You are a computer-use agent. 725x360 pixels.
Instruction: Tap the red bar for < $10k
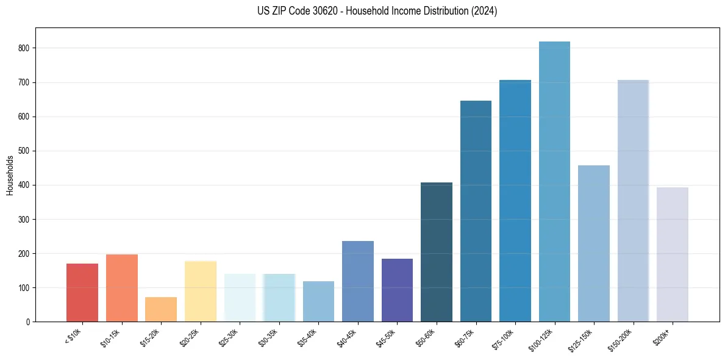(x=82, y=292)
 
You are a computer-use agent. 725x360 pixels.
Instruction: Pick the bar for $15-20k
(x=161, y=309)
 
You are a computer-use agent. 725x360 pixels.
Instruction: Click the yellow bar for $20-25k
(x=201, y=291)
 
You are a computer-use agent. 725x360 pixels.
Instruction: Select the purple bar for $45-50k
(x=397, y=290)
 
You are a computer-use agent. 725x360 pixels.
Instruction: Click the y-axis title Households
(x=10, y=175)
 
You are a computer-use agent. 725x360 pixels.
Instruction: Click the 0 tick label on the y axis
(x=29, y=322)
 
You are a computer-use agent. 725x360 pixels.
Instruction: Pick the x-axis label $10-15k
(x=111, y=337)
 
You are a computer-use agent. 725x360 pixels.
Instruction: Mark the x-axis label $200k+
(x=663, y=336)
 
